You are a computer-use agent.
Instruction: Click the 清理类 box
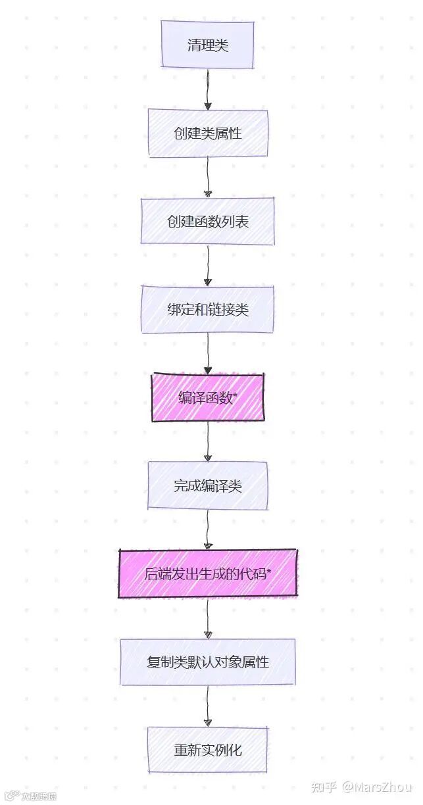(x=207, y=45)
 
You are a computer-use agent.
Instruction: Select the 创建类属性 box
(x=207, y=134)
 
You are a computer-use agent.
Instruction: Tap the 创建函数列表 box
(x=207, y=222)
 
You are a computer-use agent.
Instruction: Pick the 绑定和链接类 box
(x=207, y=310)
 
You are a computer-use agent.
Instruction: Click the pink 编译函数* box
(x=207, y=398)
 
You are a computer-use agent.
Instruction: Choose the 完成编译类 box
(x=207, y=486)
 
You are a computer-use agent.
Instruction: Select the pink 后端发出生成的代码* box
(x=207, y=574)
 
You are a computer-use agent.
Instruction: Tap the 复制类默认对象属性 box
(x=207, y=662)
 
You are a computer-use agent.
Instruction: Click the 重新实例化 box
(x=207, y=750)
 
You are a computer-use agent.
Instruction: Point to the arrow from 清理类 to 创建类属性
(x=207, y=89)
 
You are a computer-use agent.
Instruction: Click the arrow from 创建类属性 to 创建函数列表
(x=207, y=177)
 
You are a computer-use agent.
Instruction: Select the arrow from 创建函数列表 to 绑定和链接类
(x=207, y=266)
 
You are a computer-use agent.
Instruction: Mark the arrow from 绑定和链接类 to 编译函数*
(x=207, y=354)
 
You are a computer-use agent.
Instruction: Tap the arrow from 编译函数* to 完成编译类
(x=207, y=442)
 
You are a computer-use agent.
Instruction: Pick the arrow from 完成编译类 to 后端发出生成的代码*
(x=207, y=530)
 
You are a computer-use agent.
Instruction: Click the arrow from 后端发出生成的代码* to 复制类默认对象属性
(x=207, y=618)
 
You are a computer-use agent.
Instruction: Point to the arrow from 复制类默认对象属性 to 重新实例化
(x=207, y=706)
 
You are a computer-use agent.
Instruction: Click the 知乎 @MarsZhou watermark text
(x=361, y=787)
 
